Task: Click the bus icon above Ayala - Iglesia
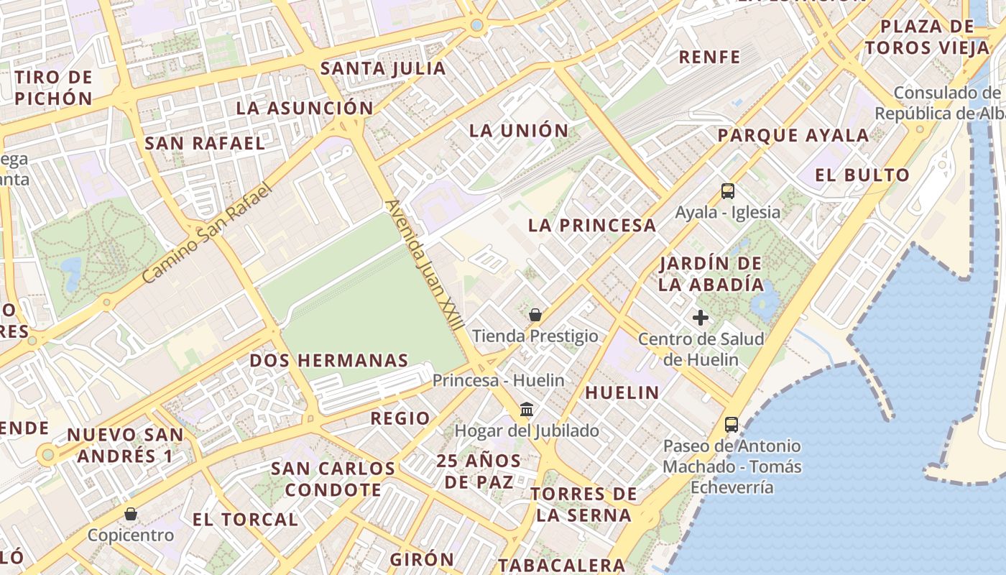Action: click(728, 191)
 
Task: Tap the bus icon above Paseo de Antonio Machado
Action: click(732, 425)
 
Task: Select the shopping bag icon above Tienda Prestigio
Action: click(535, 315)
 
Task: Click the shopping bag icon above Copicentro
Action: click(130, 514)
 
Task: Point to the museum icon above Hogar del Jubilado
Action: click(527, 410)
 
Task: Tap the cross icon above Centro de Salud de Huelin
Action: click(701, 318)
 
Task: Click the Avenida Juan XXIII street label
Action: click(424, 264)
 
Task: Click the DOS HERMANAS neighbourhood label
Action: click(329, 360)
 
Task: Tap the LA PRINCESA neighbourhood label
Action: click(592, 225)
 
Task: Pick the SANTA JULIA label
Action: click(383, 68)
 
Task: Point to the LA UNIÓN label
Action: click(519, 131)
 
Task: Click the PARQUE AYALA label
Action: click(793, 135)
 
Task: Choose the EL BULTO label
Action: click(862, 175)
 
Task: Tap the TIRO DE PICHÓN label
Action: click(54, 88)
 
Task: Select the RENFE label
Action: click(709, 57)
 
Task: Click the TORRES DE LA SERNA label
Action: click(583, 504)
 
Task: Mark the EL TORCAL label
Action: click(245, 519)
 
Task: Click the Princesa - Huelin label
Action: click(499, 380)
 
